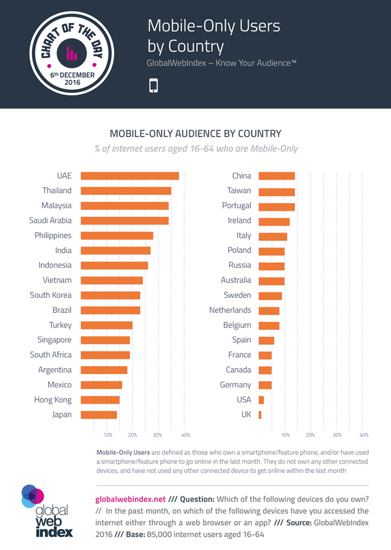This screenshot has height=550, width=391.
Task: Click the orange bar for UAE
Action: pyautogui.click(x=130, y=176)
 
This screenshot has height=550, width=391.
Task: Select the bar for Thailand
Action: pyautogui.click(x=126, y=191)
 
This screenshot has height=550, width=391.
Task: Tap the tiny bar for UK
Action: pyautogui.click(x=260, y=415)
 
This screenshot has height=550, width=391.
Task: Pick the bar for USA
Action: pyautogui.click(x=261, y=400)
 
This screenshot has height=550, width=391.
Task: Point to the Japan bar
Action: pyautogui.click(x=99, y=415)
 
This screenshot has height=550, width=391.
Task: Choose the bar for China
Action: pyautogui.click(x=276, y=176)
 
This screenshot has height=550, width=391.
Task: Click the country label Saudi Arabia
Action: pyautogui.click(x=50, y=220)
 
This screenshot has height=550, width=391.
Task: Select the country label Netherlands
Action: pyautogui.click(x=230, y=310)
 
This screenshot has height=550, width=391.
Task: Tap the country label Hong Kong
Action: pyautogui.click(x=53, y=400)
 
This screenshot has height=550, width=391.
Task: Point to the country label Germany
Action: pyautogui.click(x=235, y=385)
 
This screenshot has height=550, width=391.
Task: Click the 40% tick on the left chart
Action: pyautogui.click(x=185, y=435)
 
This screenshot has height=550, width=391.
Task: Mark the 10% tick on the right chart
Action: pyautogui.click(x=285, y=435)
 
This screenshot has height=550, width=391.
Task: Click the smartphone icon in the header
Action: pyautogui.click(x=153, y=86)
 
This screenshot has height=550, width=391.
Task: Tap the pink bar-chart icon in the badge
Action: pyautogui.click(x=72, y=53)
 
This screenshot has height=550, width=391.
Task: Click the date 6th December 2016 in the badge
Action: pyautogui.click(x=72, y=79)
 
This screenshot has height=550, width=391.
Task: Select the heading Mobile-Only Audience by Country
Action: pyautogui.click(x=195, y=134)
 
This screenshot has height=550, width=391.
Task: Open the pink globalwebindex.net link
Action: pyautogui.click(x=131, y=499)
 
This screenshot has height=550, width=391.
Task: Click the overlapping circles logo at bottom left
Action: pyautogui.click(x=32, y=496)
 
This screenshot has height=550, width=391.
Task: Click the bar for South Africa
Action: pyautogui.click(x=105, y=355)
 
